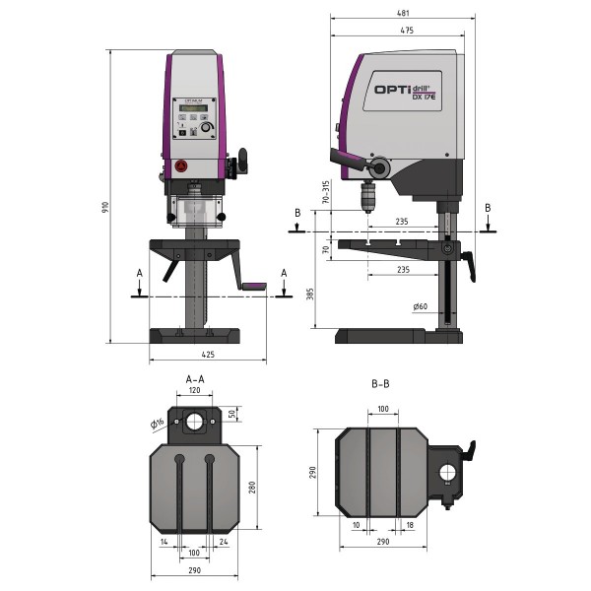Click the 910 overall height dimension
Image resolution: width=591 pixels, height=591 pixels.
coord(104,207)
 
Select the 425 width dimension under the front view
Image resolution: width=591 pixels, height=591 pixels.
coord(208,354)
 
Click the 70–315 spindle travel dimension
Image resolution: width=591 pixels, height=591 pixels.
coord(325,195)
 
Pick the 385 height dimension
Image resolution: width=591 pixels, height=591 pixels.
coord(311,295)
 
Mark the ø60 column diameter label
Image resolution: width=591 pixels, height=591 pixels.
coord(422,307)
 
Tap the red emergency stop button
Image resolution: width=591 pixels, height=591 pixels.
coord(180,165)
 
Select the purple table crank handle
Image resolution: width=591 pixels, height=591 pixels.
coord(254,287)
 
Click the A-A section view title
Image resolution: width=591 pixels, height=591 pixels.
coord(195,377)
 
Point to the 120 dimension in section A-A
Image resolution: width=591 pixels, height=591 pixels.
coord(195,390)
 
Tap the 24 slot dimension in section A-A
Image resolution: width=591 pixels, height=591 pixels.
coord(225,541)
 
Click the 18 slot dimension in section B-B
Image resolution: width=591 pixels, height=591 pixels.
coord(409,526)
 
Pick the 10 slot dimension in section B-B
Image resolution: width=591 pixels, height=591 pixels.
coord(354,526)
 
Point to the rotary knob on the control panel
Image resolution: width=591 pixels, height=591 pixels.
coord(207,127)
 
